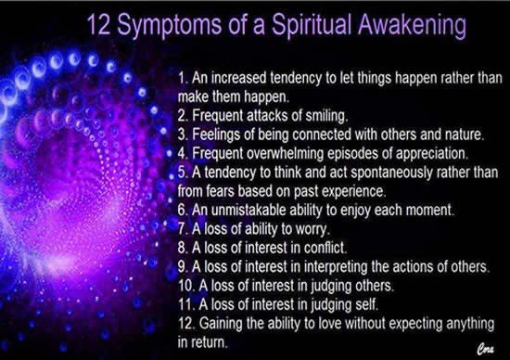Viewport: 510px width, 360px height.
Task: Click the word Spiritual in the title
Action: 312,24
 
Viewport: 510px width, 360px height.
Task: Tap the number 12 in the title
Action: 98,25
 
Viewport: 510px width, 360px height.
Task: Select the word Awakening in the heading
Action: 412,25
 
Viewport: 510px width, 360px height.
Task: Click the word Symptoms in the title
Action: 170,26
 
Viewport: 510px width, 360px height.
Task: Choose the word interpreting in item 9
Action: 336,267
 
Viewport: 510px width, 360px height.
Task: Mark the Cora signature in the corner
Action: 486,349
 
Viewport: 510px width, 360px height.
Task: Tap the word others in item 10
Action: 374,286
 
